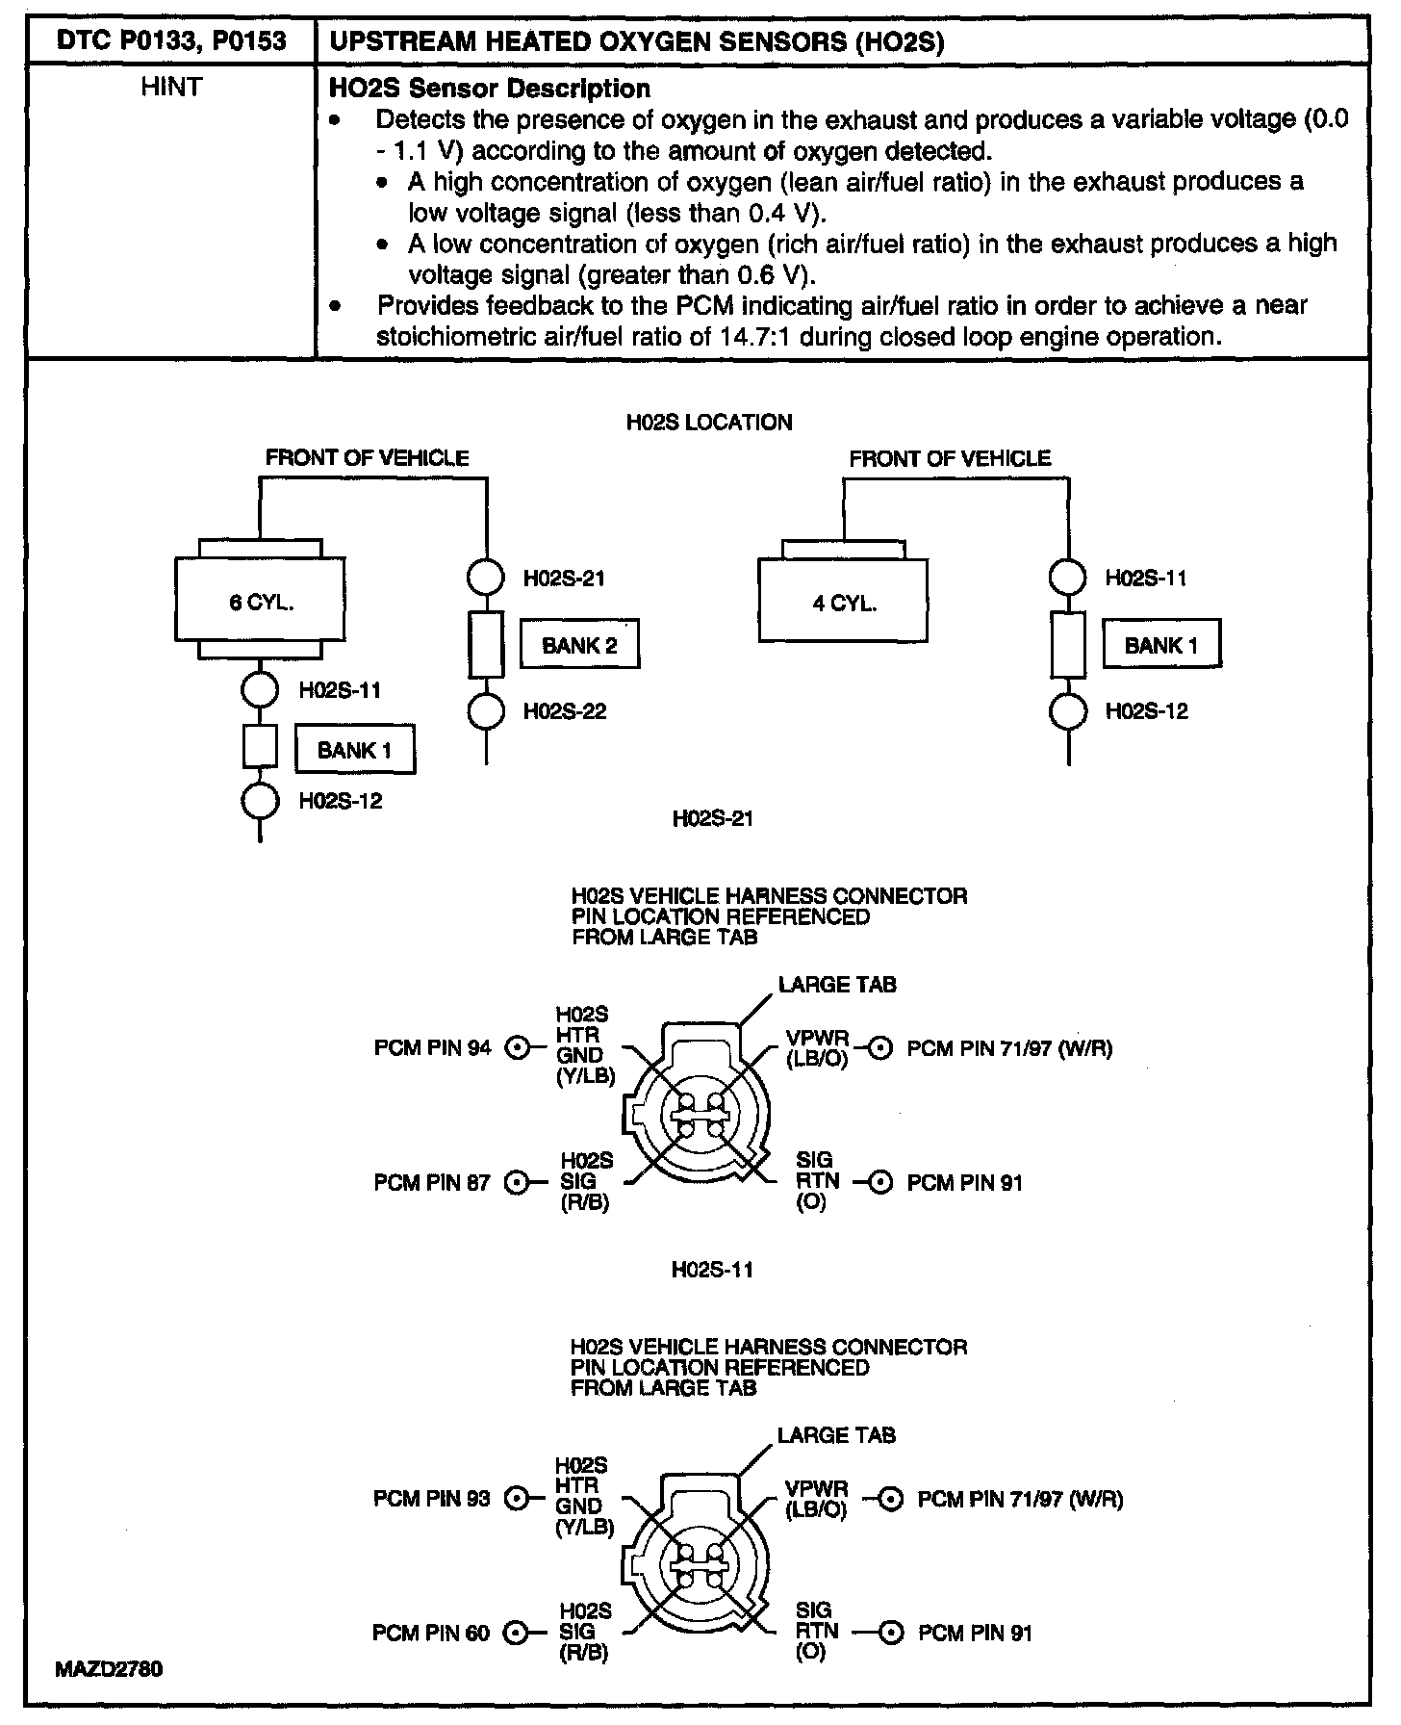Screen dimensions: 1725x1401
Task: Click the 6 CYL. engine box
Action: [261, 603]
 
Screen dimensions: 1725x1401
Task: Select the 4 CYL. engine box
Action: [843, 603]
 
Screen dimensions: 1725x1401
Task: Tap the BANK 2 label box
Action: [579, 645]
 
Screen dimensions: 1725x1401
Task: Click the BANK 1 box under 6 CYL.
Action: [354, 750]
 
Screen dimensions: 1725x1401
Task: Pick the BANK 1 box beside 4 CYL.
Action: [1160, 645]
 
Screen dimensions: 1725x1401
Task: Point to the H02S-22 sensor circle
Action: [486, 712]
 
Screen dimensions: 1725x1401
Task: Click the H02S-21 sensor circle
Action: [486, 578]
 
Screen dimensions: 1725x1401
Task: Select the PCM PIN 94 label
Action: [432, 1047]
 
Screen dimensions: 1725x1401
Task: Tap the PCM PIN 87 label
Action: [432, 1182]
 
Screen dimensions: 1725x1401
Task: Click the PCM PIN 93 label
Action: [432, 1498]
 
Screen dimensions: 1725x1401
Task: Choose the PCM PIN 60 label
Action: [431, 1633]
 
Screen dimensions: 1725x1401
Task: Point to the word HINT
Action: [171, 88]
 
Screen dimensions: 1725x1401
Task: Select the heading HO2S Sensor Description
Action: [490, 89]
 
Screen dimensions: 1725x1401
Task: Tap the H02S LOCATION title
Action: [709, 423]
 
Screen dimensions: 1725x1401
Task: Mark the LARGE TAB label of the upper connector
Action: [837, 985]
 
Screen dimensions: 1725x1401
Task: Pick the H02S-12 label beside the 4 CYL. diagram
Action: [1146, 711]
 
